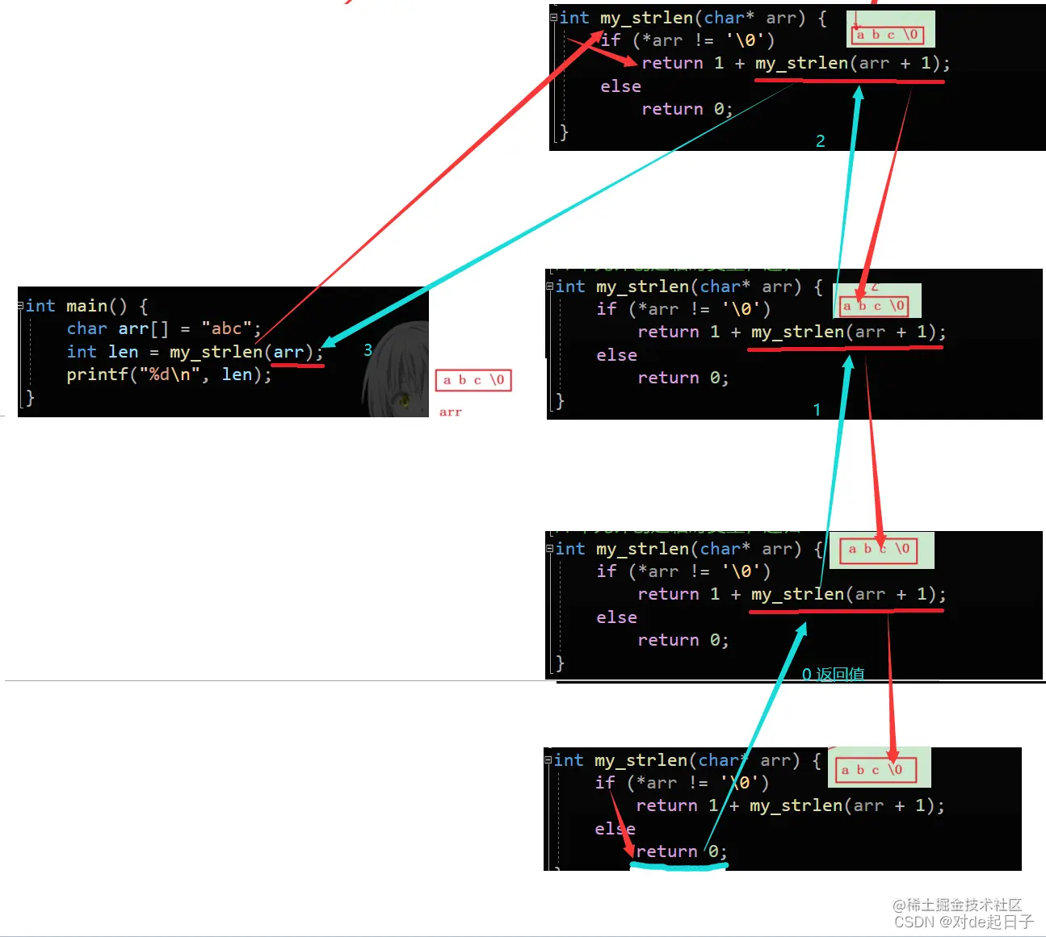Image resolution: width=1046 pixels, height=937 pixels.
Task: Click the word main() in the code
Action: click(x=96, y=306)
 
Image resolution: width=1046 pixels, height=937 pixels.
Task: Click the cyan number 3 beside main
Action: click(x=368, y=350)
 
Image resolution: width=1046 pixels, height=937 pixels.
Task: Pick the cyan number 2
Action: click(x=820, y=141)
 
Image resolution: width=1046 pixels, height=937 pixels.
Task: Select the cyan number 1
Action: click(x=817, y=410)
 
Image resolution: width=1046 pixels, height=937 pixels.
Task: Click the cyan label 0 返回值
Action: click(x=833, y=674)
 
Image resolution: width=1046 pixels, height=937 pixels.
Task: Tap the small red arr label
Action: click(x=450, y=412)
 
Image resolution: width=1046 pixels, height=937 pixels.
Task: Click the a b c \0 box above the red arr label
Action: click(x=473, y=380)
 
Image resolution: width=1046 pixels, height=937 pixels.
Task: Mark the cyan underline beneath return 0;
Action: click(x=678, y=866)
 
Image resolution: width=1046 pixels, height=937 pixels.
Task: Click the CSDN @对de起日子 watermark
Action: click(x=964, y=922)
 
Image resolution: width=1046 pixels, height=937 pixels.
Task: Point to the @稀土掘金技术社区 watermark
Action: click(x=957, y=905)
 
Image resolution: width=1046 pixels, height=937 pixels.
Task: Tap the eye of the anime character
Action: click(x=404, y=399)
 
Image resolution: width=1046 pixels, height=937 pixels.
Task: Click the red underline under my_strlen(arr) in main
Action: click(x=297, y=366)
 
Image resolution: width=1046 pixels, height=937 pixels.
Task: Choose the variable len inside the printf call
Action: click(x=237, y=374)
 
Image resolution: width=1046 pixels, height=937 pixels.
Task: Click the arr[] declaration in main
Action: click(x=143, y=328)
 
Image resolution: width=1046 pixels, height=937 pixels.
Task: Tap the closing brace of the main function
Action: click(x=30, y=397)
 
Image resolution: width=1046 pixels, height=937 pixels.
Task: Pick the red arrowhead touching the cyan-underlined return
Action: click(x=629, y=850)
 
